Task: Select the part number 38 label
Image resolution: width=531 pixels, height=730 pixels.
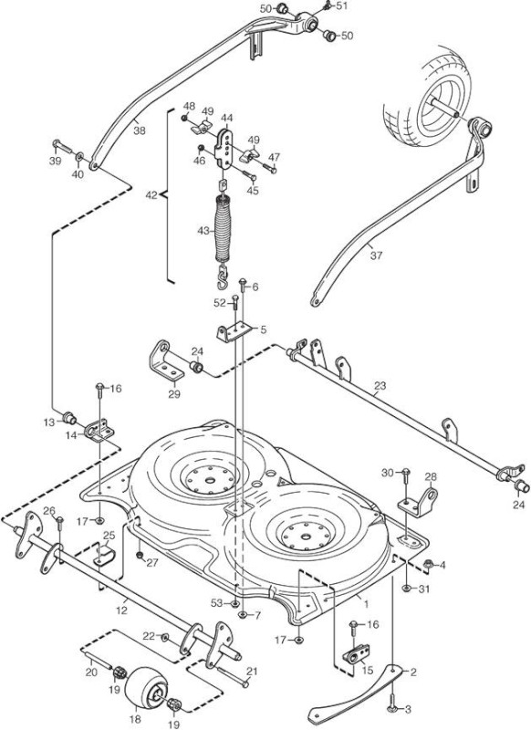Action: (140, 130)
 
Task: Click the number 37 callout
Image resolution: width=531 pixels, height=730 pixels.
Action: (377, 255)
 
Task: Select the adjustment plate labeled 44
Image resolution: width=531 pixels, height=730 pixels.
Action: (225, 149)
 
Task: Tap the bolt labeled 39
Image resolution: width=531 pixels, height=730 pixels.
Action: (63, 147)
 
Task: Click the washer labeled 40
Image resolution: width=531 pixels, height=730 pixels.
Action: (80, 155)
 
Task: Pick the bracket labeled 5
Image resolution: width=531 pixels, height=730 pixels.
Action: (234, 331)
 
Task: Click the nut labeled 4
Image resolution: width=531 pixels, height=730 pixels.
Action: (426, 565)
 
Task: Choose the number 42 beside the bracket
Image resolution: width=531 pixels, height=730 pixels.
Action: (151, 195)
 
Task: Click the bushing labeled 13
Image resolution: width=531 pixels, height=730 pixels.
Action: (70, 418)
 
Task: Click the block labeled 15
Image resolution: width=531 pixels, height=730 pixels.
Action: (357, 654)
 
